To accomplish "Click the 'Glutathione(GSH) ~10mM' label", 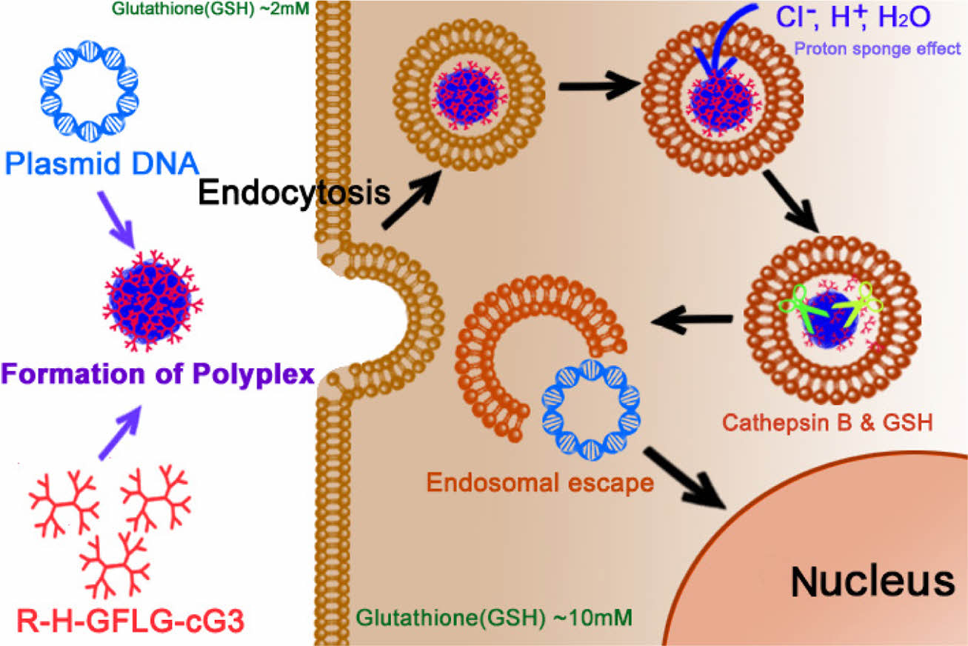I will point(494,616).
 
